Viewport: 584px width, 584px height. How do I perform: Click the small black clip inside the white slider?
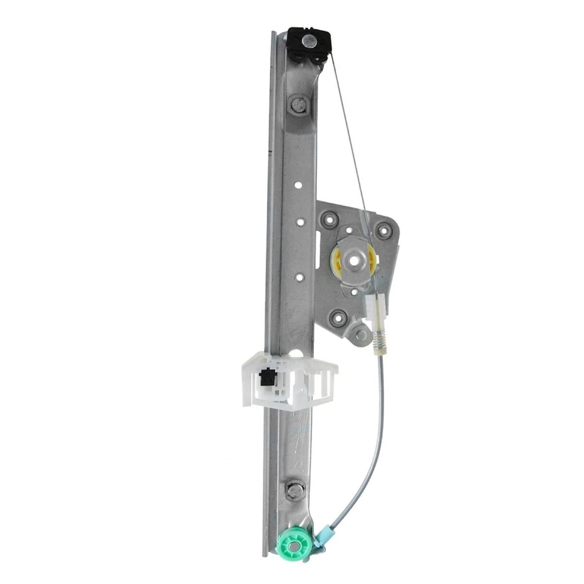[266, 378]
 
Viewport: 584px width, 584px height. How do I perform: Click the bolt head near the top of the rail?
[297, 104]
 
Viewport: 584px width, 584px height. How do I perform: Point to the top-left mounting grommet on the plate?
[330, 219]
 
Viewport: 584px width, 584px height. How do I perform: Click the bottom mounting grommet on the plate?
[339, 317]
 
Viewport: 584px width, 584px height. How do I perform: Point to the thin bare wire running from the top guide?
[350, 140]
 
